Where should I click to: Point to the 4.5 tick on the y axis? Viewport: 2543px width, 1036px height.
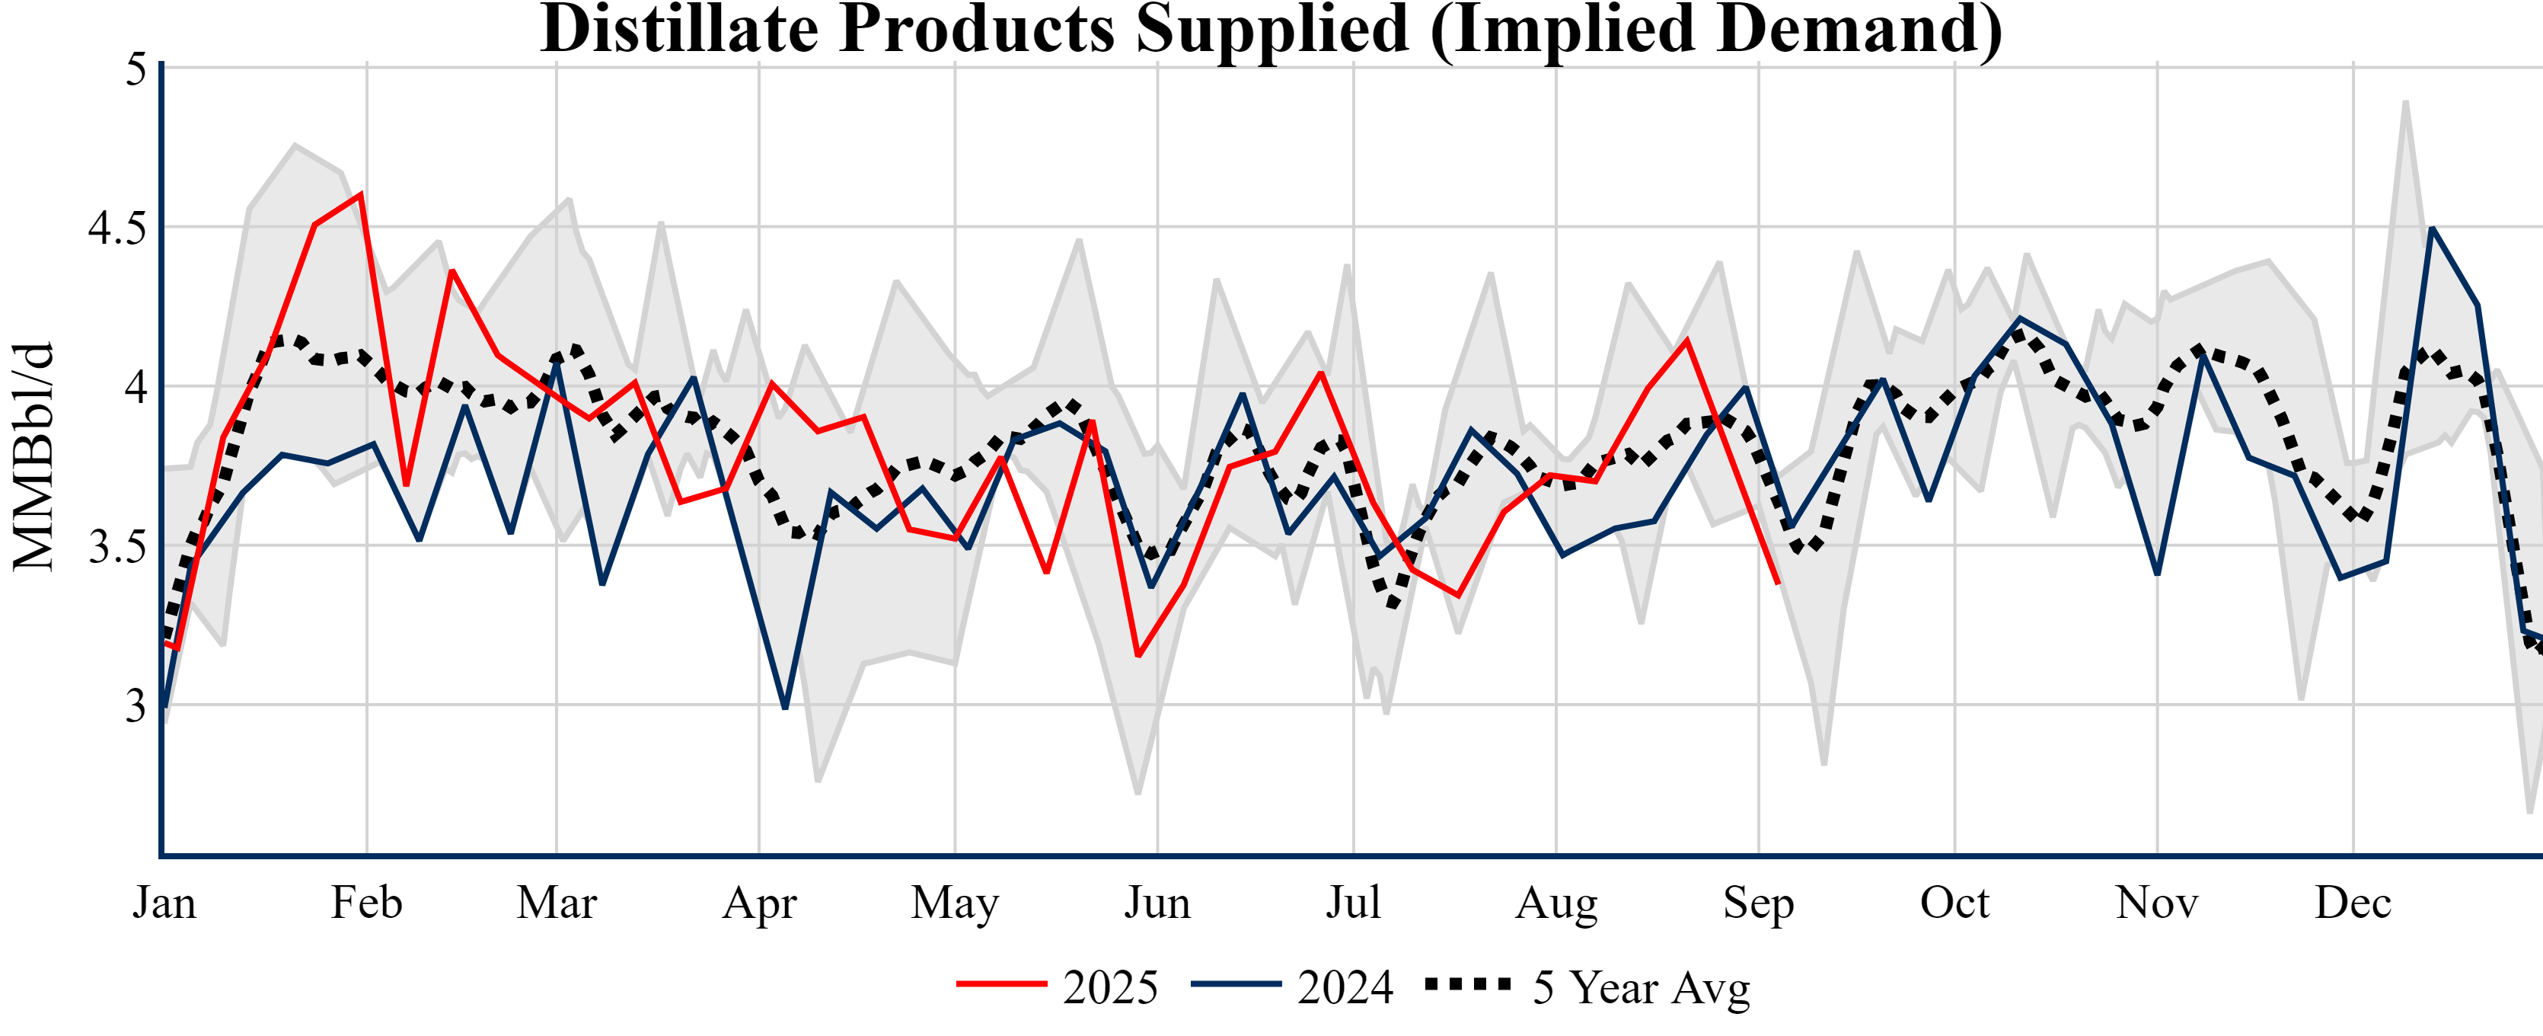click(x=116, y=228)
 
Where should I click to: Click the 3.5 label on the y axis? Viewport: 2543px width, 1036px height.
click(x=116, y=547)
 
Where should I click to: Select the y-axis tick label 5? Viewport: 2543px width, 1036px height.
click(x=136, y=69)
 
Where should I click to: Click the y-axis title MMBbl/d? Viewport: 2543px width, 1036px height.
click(x=34, y=456)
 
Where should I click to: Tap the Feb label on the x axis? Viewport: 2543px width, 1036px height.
click(x=366, y=903)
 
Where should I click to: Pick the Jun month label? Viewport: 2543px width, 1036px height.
click(x=1157, y=903)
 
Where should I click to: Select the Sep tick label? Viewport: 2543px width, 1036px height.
click(x=1758, y=903)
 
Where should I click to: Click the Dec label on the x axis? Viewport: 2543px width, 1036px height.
click(x=2353, y=903)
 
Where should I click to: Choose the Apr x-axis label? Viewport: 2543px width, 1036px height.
click(x=759, y=903)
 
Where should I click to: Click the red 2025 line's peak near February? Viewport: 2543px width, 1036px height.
click(x=362, y=193)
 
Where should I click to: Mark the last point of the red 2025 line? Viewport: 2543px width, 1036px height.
click(x=1778, y=583)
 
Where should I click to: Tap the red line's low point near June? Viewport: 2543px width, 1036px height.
click(x=1138, y=656)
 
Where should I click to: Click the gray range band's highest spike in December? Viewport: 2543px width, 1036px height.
click(x=2406, y=102)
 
